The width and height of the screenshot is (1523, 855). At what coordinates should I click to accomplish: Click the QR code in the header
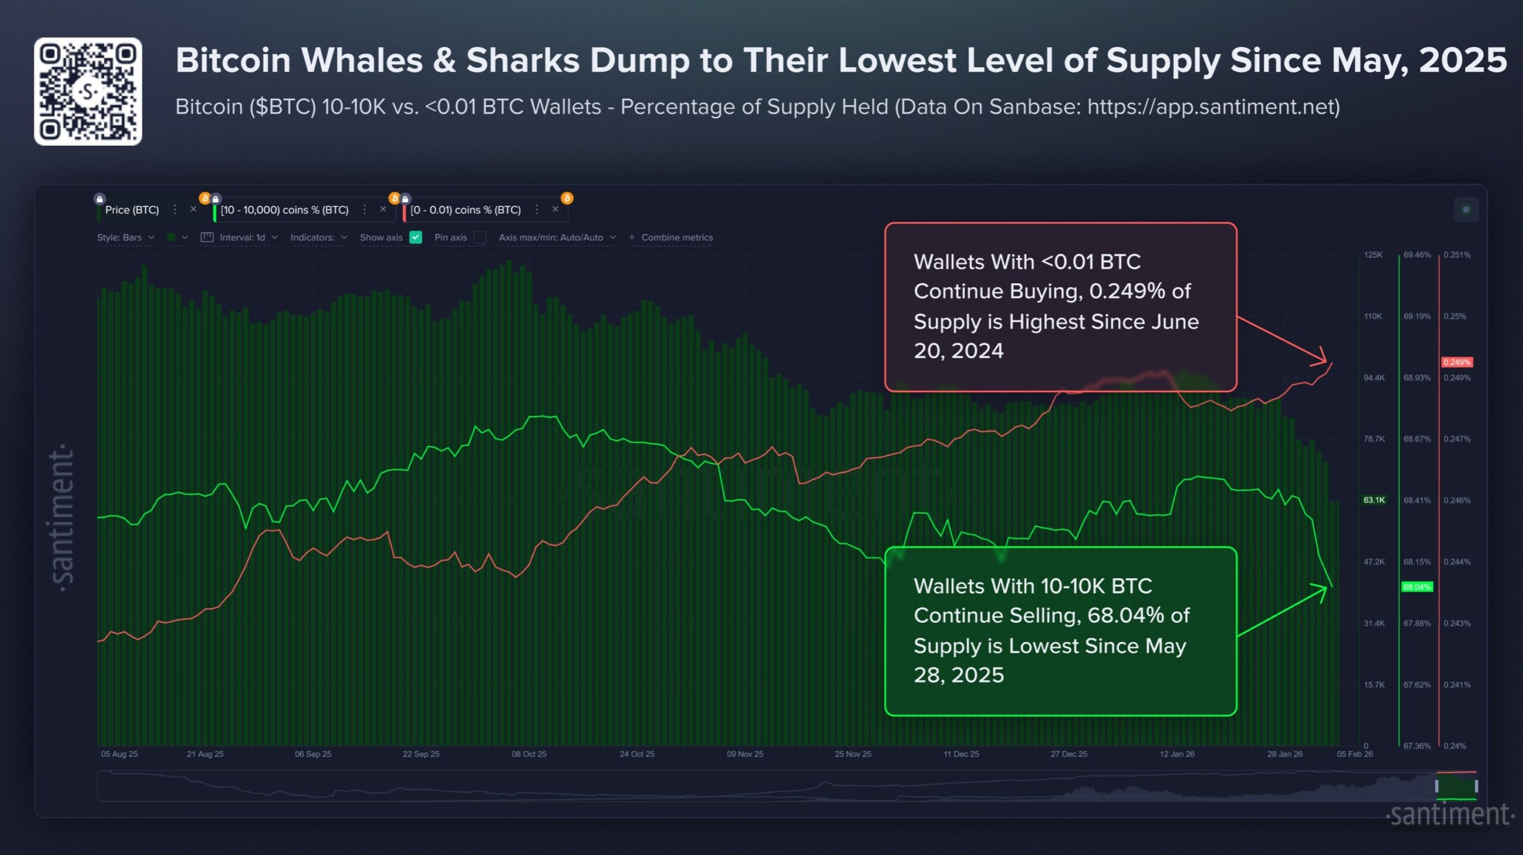pyautogui.click(x=88, y=92)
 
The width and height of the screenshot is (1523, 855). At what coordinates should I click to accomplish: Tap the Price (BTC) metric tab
pyautogui.click(x=132, y=210)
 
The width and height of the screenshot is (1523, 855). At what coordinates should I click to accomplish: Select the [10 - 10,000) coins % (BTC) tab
pyautogui.click(x=284, y=210)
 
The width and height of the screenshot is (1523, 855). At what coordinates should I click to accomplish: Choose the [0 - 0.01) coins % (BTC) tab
pyautogui.click(x=465, y=210)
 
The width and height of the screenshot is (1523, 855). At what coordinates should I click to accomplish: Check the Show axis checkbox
pyautogui.click(x=416, y=237)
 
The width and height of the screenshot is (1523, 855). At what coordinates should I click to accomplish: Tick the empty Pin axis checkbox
pyautogui.click(x=480, y=237)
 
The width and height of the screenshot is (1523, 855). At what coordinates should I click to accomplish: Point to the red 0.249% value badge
pyautogui.click(x=1456, y=362)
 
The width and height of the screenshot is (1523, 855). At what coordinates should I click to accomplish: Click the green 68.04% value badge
pyautogui.click(x=1417, y=587)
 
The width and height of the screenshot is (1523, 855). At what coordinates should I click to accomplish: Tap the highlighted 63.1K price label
pyautogui.click(x=1374, y=500)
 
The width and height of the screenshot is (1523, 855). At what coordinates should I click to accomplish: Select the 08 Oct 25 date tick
pyautogui.click(x=529, y=754)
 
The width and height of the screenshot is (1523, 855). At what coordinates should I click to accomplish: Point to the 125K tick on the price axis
pyautogui.click(x=1373, y=255)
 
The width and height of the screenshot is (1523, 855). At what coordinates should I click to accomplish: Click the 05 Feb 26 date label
pyautogui.click(x=1355, y=754)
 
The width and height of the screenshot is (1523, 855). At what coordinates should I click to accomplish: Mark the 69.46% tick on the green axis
pyautogui.click(x=1417, y=255)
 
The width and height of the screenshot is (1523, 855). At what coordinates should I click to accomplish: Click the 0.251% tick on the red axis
pyautogui.click(x=1456, y=255)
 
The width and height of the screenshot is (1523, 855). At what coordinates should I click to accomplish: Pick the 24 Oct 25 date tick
pyautogui.click(x=637, y=754)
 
